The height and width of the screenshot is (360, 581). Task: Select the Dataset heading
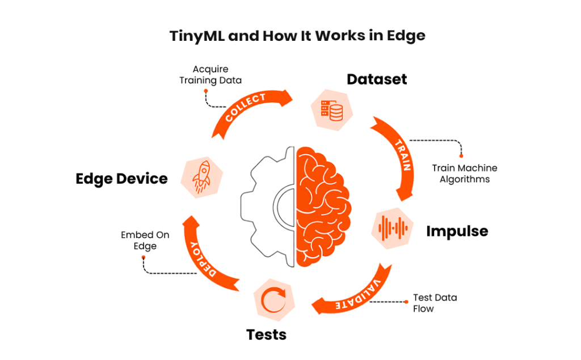click(377, 79)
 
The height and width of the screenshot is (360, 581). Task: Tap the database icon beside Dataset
click(332, 109)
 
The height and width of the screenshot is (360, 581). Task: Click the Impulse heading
click(457, 231)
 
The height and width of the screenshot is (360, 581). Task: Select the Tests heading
click(266, 334)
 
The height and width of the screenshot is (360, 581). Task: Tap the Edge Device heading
click(121, 179)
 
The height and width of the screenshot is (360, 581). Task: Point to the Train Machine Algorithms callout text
click(464, 173)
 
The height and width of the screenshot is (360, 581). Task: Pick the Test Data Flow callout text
click(435, 303)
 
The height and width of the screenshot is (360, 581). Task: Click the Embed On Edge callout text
click(145, 240)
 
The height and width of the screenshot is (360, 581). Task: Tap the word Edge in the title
click(406, 36)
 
